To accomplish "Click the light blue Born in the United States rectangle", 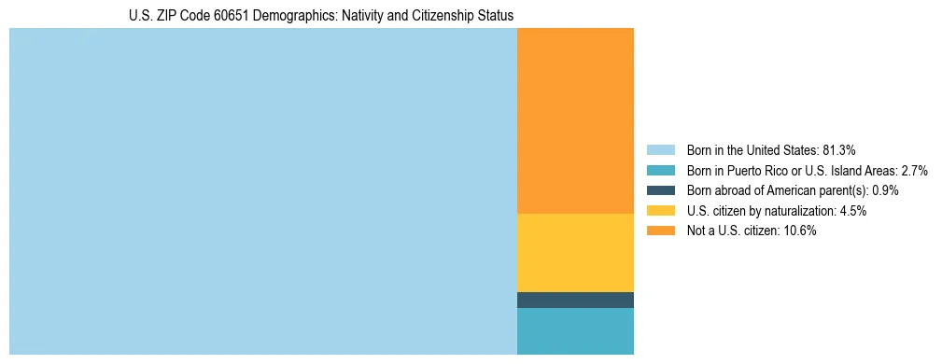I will tap(262, 191).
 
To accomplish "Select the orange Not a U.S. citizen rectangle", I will tap(575, 121).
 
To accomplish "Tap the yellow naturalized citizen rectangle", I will tap(575, 253).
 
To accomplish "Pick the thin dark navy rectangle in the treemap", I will tap(575, 300).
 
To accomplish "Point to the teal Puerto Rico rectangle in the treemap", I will tap(575, 330).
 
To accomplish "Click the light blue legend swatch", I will tap(660, 149).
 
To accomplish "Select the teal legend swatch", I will tap(660, 170).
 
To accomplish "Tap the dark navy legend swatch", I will tap(660, 190).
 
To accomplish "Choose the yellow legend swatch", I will tap(660, 211).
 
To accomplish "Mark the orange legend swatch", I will tap(660, 231).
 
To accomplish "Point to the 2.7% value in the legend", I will tap(913, 170).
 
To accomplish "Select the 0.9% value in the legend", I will tap(885, 190).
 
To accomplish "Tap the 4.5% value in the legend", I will tap(852, 211).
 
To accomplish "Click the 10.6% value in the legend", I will tap(801, 231).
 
